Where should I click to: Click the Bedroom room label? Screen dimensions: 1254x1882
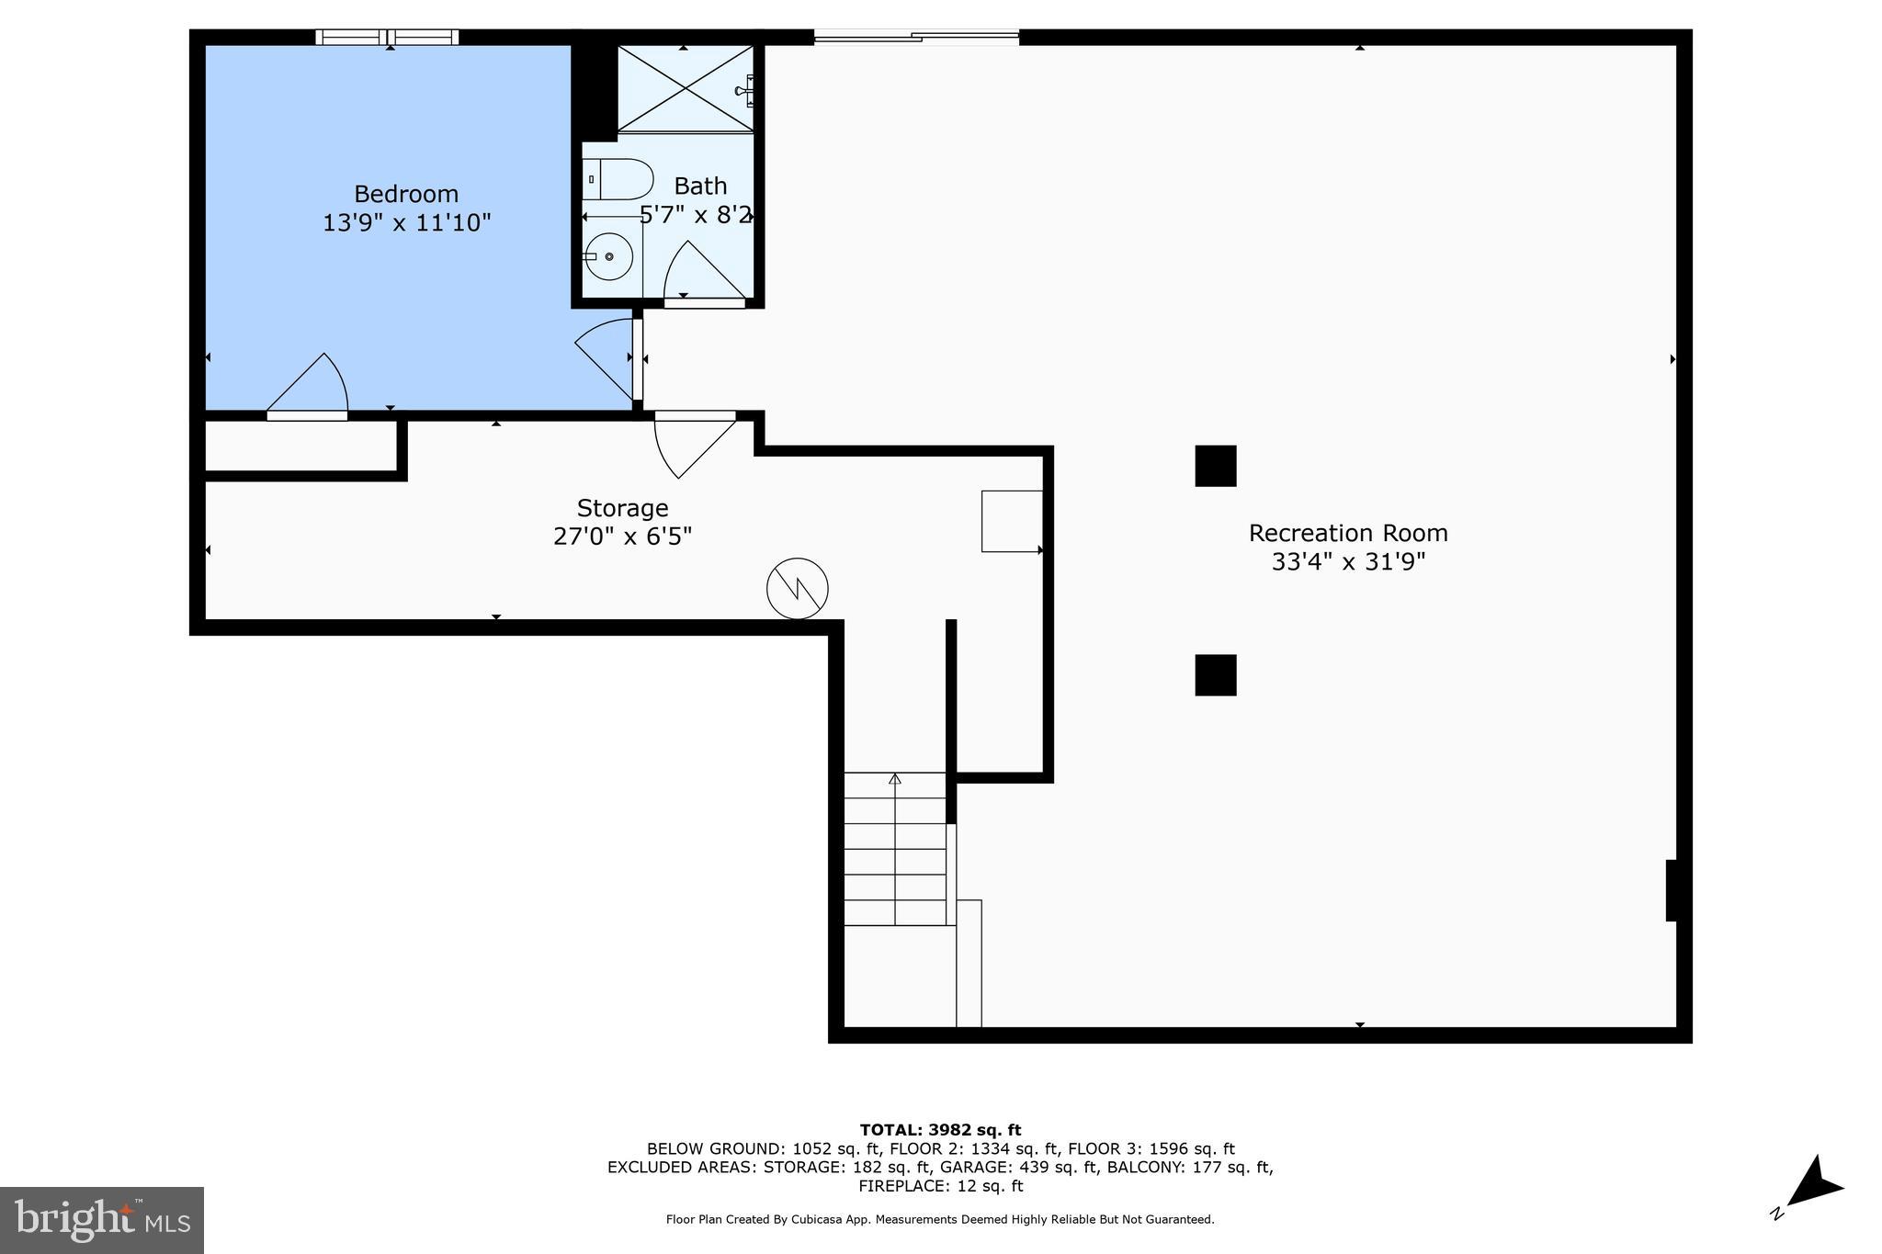(405, 194)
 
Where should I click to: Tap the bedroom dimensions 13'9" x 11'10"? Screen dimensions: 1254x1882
(406, 222)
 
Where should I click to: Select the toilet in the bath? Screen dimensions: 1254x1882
(618, 179)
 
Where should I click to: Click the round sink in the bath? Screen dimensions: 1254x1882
(608, 256)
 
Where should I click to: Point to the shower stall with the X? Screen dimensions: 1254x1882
(685, 88)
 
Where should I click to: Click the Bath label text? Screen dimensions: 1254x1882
(700, 186)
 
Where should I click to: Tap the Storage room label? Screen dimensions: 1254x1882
(622, 508)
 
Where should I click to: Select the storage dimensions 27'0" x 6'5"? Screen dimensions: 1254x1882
(622, 537)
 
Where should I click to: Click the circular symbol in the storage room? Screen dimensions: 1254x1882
(797, 588)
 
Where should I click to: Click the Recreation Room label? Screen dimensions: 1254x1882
(1347, 533)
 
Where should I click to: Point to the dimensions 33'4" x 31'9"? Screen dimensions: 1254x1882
(1347, 561)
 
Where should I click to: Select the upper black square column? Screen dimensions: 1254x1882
(1215, 466)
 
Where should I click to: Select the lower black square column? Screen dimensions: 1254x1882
(1215, 675)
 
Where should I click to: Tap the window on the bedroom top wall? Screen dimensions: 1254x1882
(387, 38)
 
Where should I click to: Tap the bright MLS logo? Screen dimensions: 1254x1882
(101, 1220)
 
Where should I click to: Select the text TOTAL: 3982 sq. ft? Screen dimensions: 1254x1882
(940, 1130)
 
